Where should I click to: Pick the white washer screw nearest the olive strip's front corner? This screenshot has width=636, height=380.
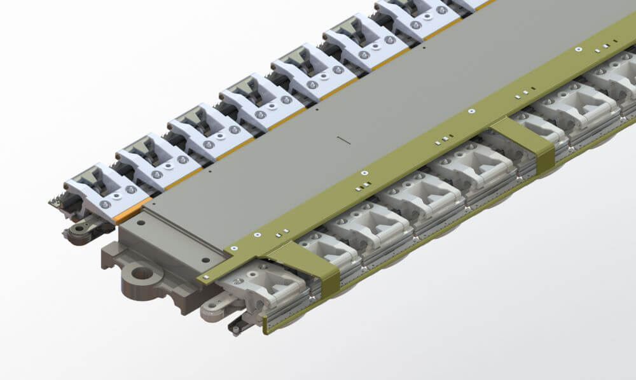[x=234, y=248]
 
